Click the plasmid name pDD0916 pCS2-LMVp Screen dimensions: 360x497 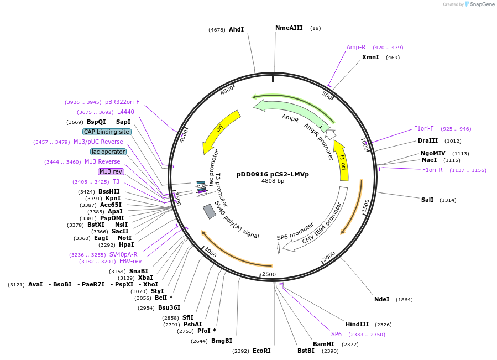pyautogui.click(x=273, y=174)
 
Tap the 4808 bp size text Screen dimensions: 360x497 pyautogui.click(x=273, y=181)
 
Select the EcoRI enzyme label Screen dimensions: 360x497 pyautogui.click(x=261, y=351)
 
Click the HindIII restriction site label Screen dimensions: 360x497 pyautogui.click(x=357, y=324)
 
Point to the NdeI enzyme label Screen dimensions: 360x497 pyautogui.click(x=381, y=299)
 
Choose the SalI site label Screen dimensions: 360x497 pyautogui.click(x=427, y=200)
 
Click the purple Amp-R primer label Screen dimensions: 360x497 pyautogui.click(x=356, y=47)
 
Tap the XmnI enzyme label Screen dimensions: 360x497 pyautogui.click(x=370, y=57)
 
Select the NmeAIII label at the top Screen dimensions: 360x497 pyautogui.click(x=289, y=28)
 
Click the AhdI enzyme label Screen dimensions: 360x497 pyautogui.click(x=236, y=29)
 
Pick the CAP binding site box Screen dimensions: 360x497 pyautogui.click(x=107, y=132)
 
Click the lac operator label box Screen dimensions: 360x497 pyautogui.click(x=108, y=152)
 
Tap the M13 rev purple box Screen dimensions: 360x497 pyautogui.click(x=111, y=171)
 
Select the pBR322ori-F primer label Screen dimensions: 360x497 pyautogui.click(x=122, y=102)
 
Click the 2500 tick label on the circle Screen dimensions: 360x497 pyautogui.click(x=269, y=274)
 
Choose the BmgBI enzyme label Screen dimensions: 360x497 pyautogui.click(x=222, y=341)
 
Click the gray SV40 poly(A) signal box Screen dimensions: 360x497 pyautogui.click(x=209, y=211)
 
